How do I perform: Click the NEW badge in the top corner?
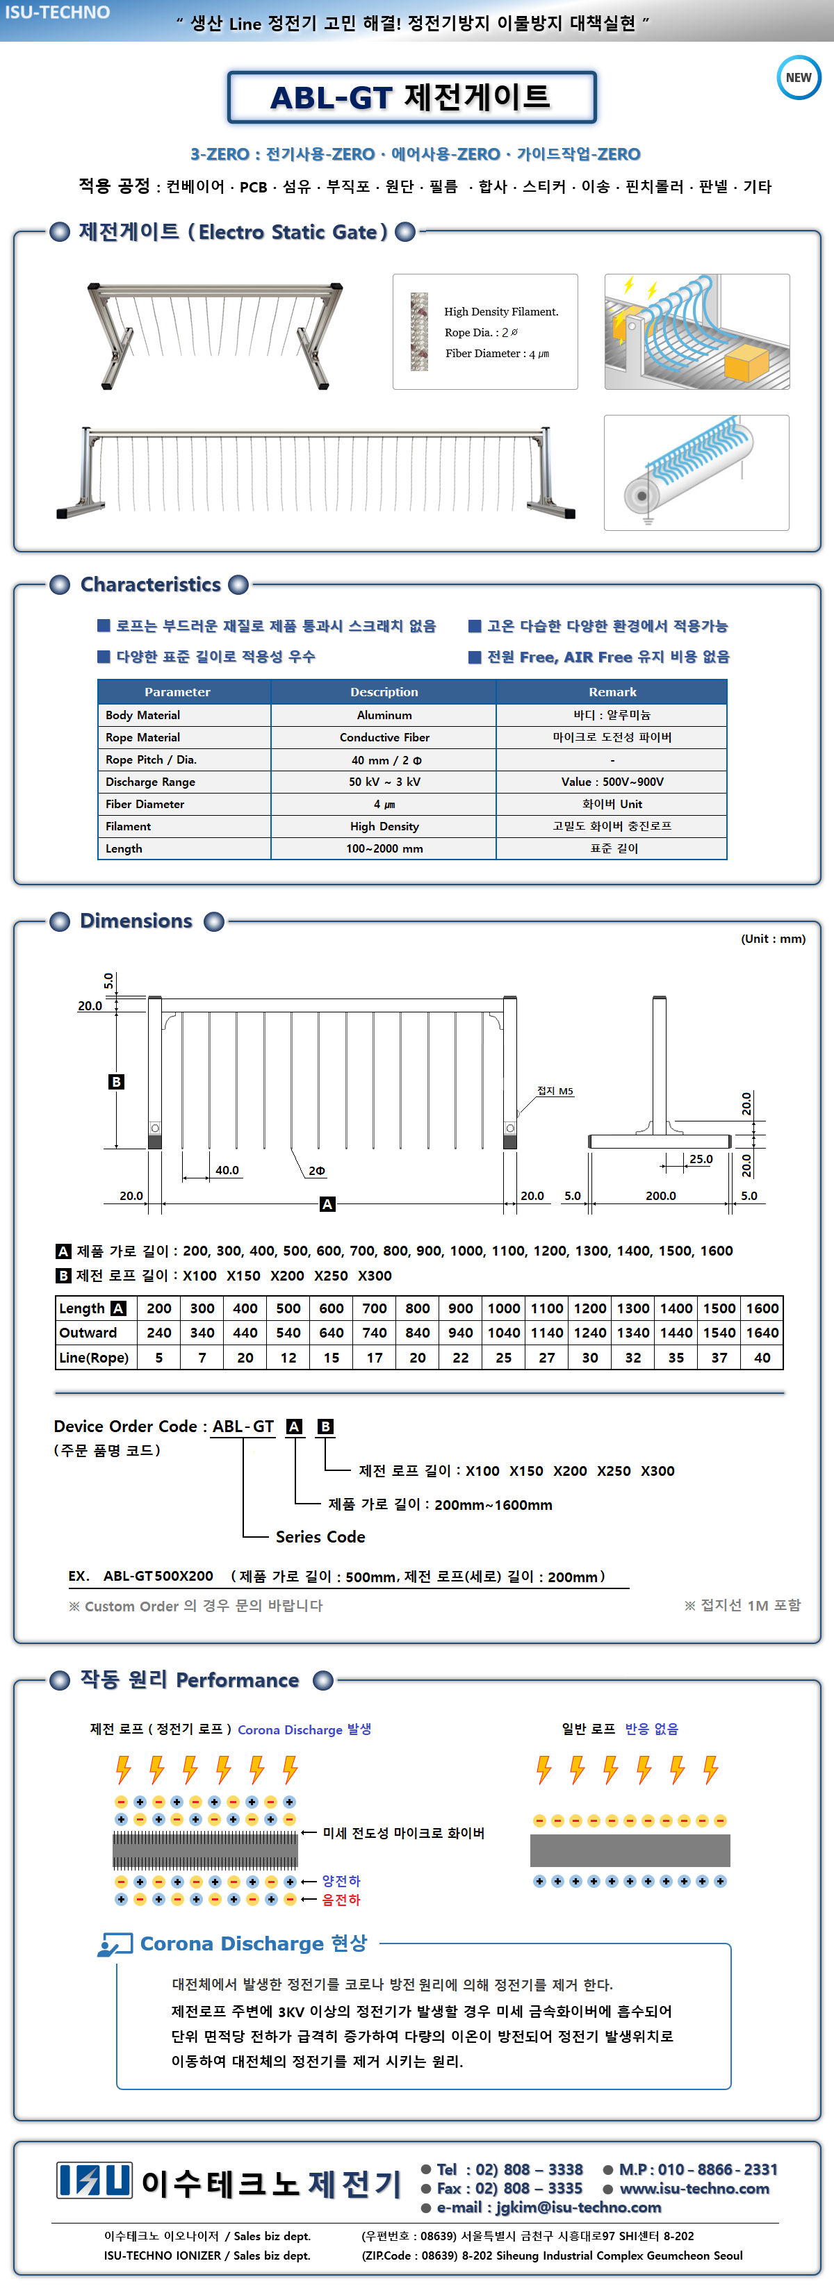coord(799,77)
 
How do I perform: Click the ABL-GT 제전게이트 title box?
coord(411,97)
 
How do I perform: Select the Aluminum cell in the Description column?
coord(384,715)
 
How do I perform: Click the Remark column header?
coord(612,691)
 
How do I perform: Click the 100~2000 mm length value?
coord(384,848)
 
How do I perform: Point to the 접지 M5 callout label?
coord(555,1090)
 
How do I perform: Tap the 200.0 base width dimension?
coord(660,1195)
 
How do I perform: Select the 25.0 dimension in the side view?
coord(701,1159)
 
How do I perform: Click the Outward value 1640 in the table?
coord(762,1333)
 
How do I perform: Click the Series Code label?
coord(320,1536)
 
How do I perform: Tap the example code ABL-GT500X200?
coord(158,1575)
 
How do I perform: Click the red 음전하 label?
coord(341,1900)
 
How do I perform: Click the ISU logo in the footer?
coord(95,2180)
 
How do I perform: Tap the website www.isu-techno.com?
coord(694,2188)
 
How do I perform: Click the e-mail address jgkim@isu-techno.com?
coord(578,2207)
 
